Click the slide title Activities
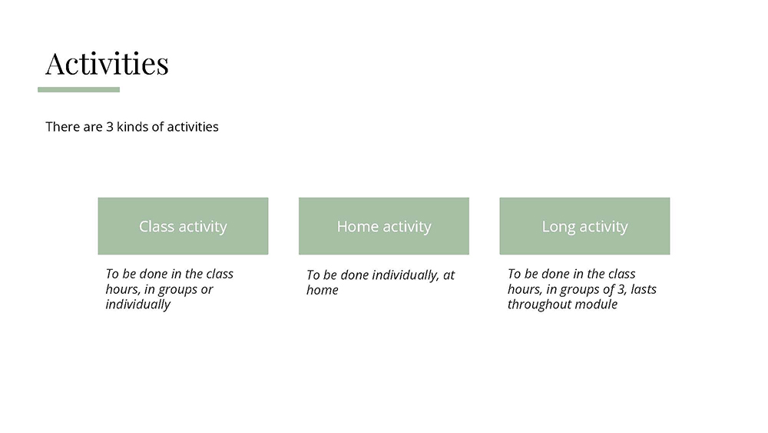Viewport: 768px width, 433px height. [107, 63]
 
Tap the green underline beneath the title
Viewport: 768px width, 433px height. [79, 90]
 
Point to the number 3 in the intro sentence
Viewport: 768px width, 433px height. [110, 127]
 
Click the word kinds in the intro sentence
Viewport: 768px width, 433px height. [132, 127]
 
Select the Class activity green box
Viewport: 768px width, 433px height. [184, 226]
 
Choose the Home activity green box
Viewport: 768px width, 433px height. [384, 226]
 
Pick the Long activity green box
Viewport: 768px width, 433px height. [584, 226]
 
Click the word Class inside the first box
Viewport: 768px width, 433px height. [157, 227]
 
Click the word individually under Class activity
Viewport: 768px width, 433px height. [138, 305]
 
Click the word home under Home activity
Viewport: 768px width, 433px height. [323, 290]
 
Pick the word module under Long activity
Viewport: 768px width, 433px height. [596, 305]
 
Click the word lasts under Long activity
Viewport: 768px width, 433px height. [644, 289]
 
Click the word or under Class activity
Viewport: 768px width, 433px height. [206, 290]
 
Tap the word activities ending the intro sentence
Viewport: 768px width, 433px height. [193, 127]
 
